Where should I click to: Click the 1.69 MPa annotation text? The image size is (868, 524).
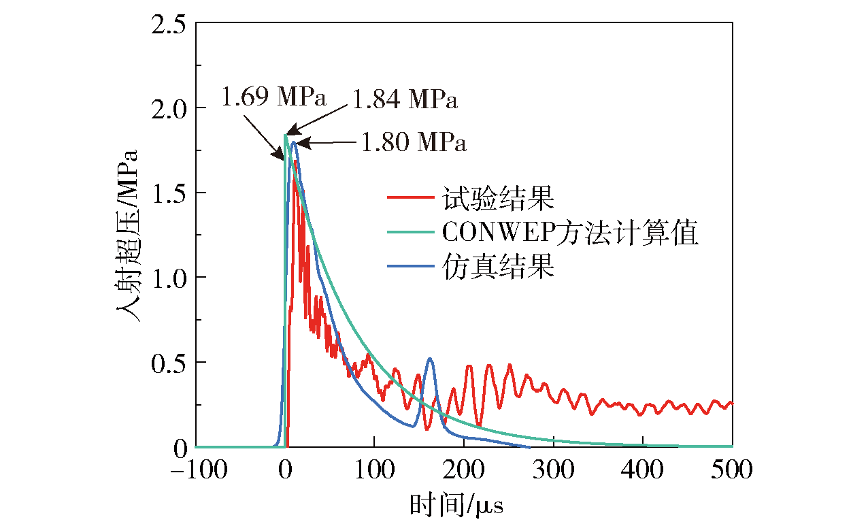pyautogui.click(x=273, y=97)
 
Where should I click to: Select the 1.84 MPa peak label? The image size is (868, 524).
pyautogui.click(x=405, y=99)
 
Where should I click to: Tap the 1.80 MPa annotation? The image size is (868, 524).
pyautogui.click(x=414, y=142)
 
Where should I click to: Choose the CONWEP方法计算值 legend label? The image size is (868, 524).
pyautogui.click(x=570, y=233)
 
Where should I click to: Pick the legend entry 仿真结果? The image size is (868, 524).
pyautogui.click(x=499, y=266)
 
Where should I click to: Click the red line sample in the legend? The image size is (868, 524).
pyautogui.click(x=410, y=197)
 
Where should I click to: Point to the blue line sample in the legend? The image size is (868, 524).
pyautogui.click(x=410, y=266)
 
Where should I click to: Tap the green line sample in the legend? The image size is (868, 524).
pyautogui.click(x=410, y=232)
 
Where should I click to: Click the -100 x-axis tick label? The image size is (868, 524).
pyautogui.click(x=199, y=470)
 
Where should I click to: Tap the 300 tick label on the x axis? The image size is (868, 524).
pyautogui.click(x=553, y=470)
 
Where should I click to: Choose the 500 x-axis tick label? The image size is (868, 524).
pyautogui.click(x=731, y=470)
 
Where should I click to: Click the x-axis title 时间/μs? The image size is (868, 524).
pyautogui.click(x=456, y=506)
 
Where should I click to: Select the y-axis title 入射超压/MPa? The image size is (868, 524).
pyautogui.click(x=127, y=235)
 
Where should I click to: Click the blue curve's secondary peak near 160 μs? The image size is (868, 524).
pyautogui.click(x=429, y=359)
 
